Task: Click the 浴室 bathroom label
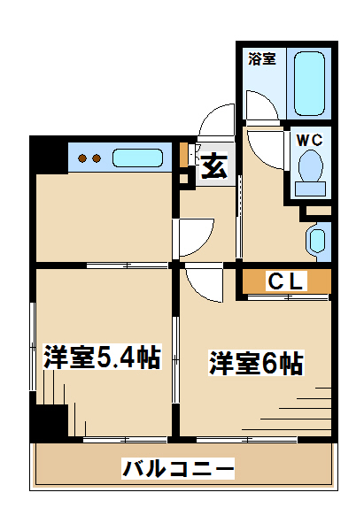pyautogui.click(x=261, y=59)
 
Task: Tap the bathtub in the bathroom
pyautogui.click(x=309, y=84)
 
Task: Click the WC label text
pyautogui.click(x=309, y=140)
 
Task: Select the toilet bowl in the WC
pyautogui.click(x=310, y=165)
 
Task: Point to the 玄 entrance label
pyautogui.click(x=213, y=165)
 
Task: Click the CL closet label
pyautogui.click(x=285, y=281)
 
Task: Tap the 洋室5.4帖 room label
pyautogui.click(x=102, y=357)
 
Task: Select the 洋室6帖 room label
pyautogui.click(x=256, y=364)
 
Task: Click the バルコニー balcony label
pyautogui.click(x=178, y=468)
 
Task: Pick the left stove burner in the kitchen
pyautogui.click(x=82, y=158)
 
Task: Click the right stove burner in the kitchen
pyautogui.click(x=97, y=158)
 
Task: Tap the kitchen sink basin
pyautogui.click(x=137, y=158)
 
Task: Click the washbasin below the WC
pyautogui.click(x=318, y=241)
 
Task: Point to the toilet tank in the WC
pyautogui.click(x=310, y=189)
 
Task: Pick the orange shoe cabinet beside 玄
pyautogui.click(x=183, y=155)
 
